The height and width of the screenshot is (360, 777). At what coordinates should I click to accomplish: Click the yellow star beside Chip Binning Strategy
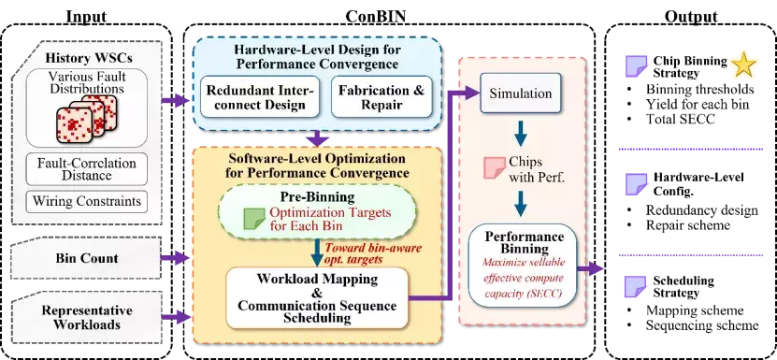point(743,65)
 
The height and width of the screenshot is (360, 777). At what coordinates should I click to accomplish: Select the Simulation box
point(520,93)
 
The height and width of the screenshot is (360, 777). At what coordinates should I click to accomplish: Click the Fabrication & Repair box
point(381,97)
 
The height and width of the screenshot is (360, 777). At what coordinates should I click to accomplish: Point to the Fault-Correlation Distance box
point(87,168)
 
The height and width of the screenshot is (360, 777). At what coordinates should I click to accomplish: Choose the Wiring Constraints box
point(87,202)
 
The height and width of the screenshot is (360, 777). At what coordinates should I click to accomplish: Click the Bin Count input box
point(87,258)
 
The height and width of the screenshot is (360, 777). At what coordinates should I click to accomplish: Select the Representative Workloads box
point(87,318)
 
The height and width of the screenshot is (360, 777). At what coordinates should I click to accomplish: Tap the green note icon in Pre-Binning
point(254,218)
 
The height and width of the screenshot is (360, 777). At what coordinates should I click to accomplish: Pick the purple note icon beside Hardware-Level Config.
point(635,183)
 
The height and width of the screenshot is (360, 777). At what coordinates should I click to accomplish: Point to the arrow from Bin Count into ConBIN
point(176,258)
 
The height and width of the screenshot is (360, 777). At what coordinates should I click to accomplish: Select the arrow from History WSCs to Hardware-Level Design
point(176,101)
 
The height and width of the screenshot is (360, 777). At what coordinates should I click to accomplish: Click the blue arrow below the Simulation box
point(520,131)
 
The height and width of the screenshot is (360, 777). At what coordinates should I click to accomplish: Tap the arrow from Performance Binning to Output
point(591,268)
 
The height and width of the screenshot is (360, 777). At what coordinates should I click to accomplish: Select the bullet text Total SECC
point(681,119)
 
